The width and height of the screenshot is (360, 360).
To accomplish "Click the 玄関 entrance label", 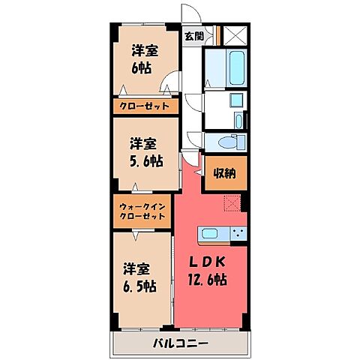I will pyautogui.click(x=194, y=35).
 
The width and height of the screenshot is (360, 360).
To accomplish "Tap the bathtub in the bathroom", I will pyautogui.click(x=234, y=68).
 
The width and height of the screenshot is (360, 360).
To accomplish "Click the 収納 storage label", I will pyautogui.click(x=223, y=173).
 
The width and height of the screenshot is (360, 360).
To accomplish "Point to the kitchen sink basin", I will pyautogui.click(x=210, y=233).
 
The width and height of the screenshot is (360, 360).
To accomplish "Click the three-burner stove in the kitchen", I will pyautogui.click(x=239, y=233).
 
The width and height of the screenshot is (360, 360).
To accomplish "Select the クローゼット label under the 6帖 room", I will pyautogui.click(x=146, y=106).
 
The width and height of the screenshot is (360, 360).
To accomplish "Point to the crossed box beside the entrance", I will pyautogui.click(x=235, y=34).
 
